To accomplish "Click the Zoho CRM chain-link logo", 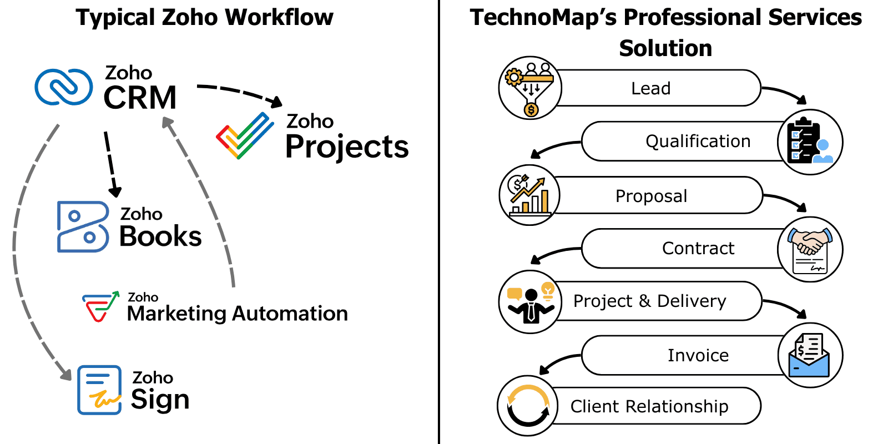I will [x=64, y=87].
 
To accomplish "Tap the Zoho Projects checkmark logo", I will [x=245, y=136].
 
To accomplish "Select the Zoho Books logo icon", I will [x=83, y=226].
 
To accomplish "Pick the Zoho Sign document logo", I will [x=99, y=390].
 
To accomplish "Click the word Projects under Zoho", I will [x=347, y=147].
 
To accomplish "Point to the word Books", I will [x=160, y=236].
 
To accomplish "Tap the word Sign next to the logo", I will [x=160, y=400].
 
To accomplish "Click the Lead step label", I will [x=650, y=88].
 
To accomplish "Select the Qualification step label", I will [x=698, y=142].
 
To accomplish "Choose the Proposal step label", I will [x=651, y=196].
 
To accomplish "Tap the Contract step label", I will [x=698, y=248].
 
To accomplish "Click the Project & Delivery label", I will [x=649, y=301].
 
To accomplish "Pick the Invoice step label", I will [x=698, y=355].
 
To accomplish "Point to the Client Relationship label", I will [x=649, y=406].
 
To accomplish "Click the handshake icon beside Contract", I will [x=810, y=249].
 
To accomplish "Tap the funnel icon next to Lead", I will [x=530, y=88].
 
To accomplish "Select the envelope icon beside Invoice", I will [x=810, y=355].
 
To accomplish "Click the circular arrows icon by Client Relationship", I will [x=528, y=406].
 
